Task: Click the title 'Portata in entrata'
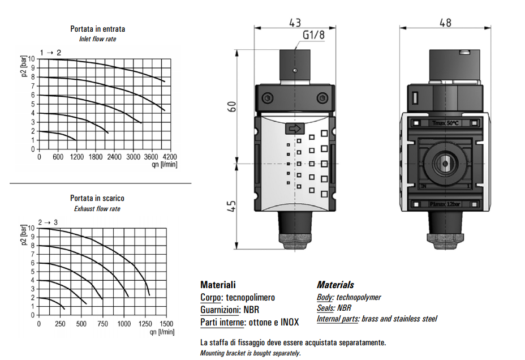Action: pos(97,28)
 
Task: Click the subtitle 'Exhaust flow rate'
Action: pos(97,209)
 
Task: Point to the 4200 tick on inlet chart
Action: pos(169,157)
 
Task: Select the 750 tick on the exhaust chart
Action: pos(102,324)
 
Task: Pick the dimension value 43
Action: pos(294,23)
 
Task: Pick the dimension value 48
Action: pos(445,23)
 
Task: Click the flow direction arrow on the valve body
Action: pos(295,128)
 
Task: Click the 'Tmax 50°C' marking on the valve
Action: pos(445,123)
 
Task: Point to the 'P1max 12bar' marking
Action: pos(445,204)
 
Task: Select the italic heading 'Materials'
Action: pos(335,285)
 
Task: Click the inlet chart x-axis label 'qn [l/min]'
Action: pos(164,165)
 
